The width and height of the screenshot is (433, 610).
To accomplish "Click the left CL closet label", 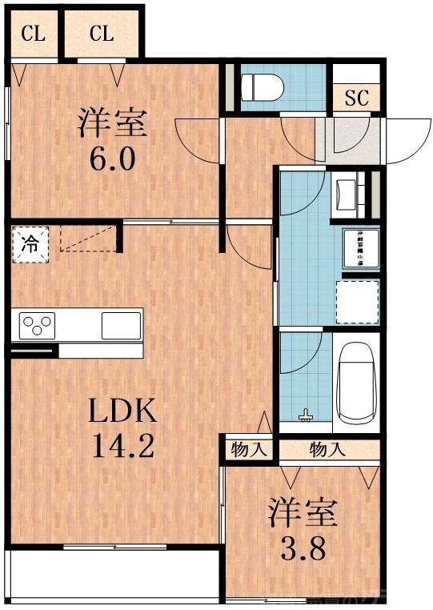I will tap(33, 34).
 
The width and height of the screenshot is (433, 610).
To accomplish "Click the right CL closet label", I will tap(102, 34).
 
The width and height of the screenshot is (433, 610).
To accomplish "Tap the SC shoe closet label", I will tap(355, 98).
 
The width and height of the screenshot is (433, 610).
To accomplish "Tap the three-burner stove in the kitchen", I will tap(37, 325).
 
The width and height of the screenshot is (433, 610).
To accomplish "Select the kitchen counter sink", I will tap(121, 325).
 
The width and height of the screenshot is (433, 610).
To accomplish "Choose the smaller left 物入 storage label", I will tap(249, 449).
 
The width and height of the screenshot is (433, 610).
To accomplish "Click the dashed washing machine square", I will tap(357, 301).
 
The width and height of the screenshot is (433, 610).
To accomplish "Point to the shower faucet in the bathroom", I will tap(304, 415).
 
